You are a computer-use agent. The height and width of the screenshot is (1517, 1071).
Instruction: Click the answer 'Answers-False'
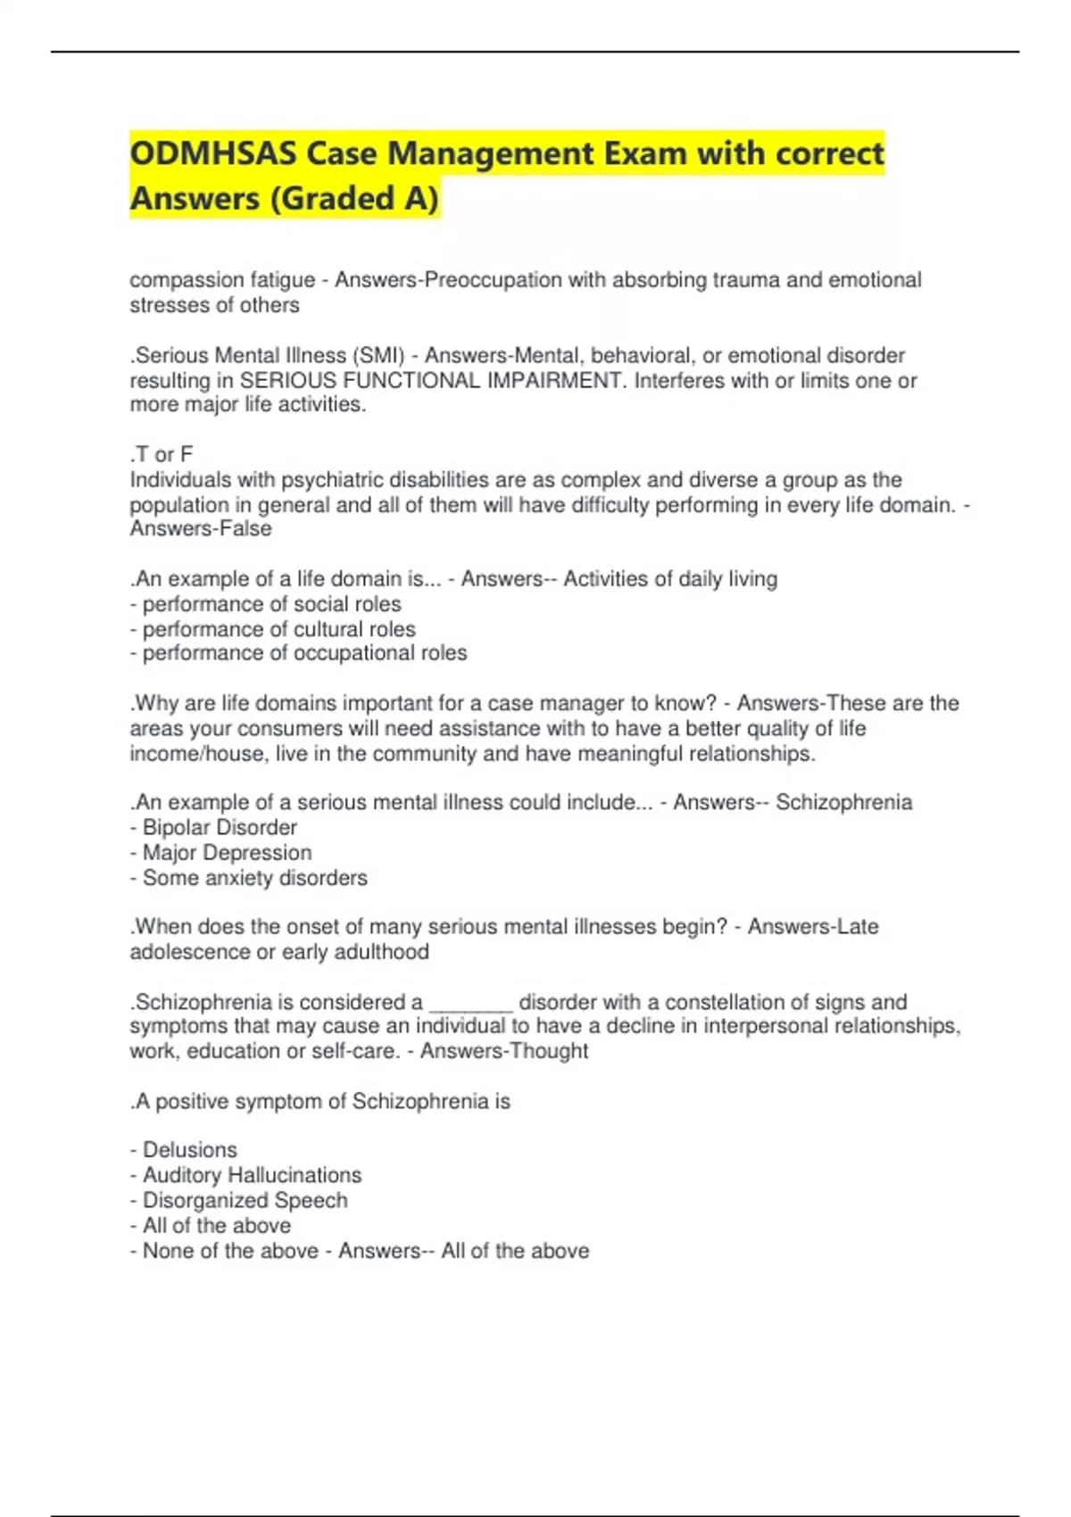(x=201, y=528)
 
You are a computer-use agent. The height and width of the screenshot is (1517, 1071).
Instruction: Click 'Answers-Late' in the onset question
(x=813, y=926)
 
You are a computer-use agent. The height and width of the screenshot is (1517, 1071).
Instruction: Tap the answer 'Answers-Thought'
(x=504, y=1051)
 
